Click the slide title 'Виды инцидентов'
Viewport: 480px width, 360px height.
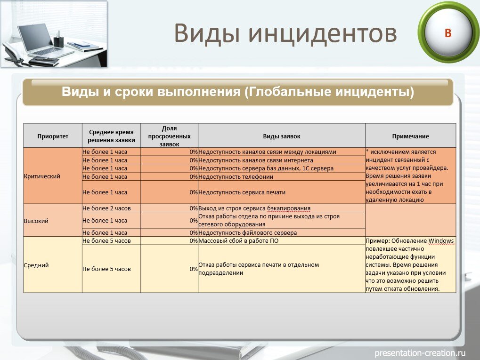(285, 33)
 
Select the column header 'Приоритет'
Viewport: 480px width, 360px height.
(53, 136)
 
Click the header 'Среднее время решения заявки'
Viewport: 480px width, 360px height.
(111, 136)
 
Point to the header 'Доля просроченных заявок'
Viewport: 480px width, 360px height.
(169, 136)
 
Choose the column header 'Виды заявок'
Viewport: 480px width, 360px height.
(281, 136)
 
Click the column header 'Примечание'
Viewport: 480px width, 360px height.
(410, 136)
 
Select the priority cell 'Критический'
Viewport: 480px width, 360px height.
(42, 176)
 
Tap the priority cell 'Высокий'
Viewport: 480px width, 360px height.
(36, 220)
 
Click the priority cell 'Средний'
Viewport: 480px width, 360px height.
(36, 265)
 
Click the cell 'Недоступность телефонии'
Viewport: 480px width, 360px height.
(236, 176)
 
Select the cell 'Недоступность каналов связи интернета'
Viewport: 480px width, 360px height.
(256, 160)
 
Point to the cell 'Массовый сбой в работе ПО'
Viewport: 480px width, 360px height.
(238, 241)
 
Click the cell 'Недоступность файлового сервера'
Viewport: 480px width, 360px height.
(248, 232)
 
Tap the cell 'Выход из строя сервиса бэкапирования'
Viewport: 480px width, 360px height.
(254, 208)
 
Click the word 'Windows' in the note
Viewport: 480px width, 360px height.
(441, 241)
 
